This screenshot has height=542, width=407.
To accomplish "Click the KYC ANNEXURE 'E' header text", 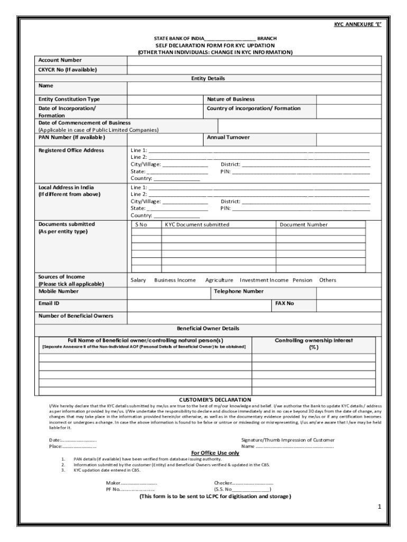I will click(357, 25).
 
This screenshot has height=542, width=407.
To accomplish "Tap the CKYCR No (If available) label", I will click(68, 70).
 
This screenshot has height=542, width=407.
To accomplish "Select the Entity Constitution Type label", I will click(69, 100).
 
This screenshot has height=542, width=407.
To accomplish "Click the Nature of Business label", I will click(230, 100).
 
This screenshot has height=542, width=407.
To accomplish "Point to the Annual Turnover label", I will click(228, 138).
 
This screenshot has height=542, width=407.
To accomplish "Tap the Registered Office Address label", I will click(71, 150).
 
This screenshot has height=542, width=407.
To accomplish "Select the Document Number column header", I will click(303, 225).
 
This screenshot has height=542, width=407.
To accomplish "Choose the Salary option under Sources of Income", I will click(138, 281).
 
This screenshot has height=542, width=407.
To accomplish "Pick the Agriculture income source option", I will click(219, 281).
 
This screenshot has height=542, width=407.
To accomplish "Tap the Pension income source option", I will click(302, 281).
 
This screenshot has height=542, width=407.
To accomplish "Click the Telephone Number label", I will click(238, 292).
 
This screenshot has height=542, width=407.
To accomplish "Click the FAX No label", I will click(284, 304).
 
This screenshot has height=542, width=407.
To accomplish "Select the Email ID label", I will click(49, 304).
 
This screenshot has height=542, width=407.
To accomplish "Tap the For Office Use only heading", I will click(215, 453).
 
